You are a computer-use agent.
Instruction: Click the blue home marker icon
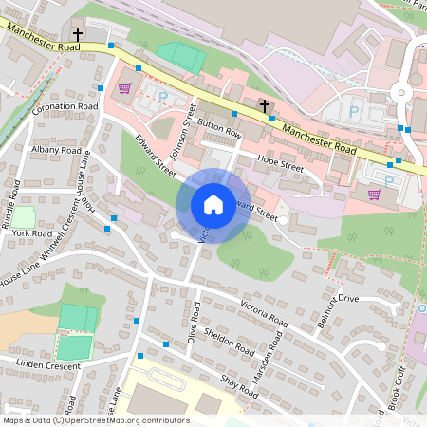pos(213,205)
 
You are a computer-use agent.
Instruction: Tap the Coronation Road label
pos(65,108)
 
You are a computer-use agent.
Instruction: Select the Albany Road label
pos(56,150)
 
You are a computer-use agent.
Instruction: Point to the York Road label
pos(32,233)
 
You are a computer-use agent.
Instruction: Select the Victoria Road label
pos(265,316)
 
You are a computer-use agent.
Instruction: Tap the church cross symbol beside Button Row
pos(264,105)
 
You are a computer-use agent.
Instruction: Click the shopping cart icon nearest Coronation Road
pos(124,89)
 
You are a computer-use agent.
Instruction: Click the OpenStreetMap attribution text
pos(95,420)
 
